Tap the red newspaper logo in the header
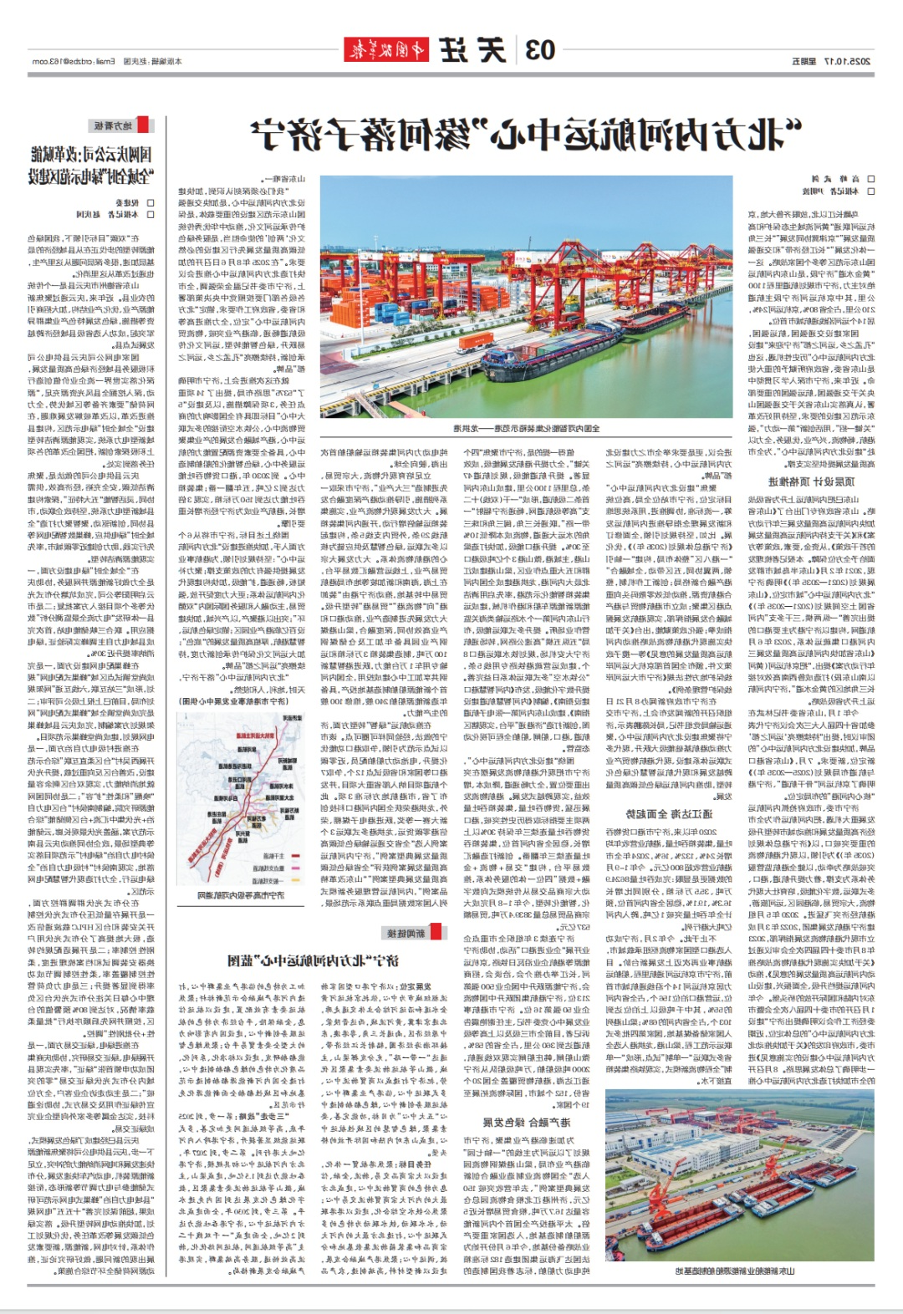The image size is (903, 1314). coord(385,50)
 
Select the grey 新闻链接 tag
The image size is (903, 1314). coord(405,933)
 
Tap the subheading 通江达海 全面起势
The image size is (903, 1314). coord(669,813)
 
